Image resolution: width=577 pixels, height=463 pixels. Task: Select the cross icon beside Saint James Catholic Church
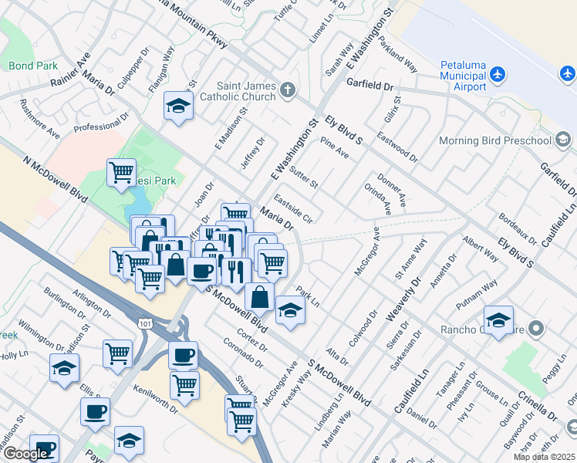coord(288,91)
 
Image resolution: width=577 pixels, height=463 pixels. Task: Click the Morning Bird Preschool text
coord(494,140)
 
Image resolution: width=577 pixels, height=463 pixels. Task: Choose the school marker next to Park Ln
coord(290,310)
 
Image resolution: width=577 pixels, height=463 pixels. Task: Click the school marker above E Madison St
coord(178,106)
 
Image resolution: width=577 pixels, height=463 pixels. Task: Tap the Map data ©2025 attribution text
coord(545,457)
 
